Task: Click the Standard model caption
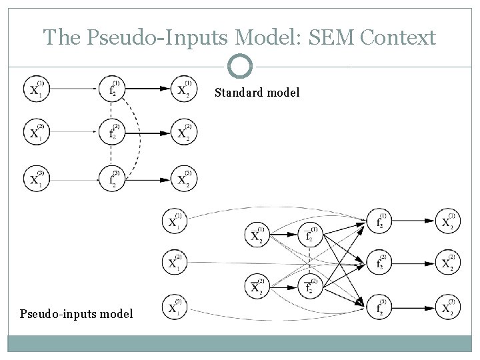click(x=257, y=93)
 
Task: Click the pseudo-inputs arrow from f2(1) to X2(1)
click(x=415, y=221)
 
